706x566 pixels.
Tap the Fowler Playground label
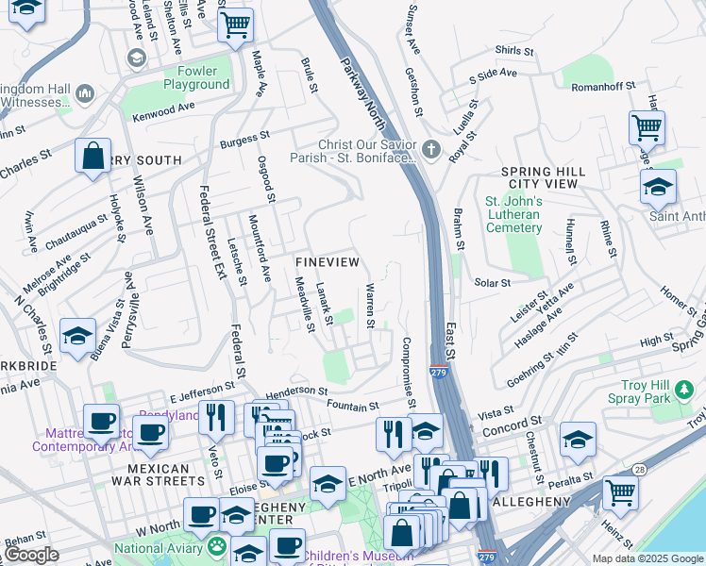point(196,77)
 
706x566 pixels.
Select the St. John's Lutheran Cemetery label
point(513,214)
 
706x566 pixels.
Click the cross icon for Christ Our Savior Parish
point(431,149)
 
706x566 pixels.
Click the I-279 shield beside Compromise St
point(438,373)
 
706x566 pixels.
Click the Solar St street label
point(492,282)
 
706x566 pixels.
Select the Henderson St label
point(296,390)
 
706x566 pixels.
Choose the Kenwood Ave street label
point(162,110)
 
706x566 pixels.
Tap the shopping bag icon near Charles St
point(93,158)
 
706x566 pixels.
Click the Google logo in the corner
point(32,555)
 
